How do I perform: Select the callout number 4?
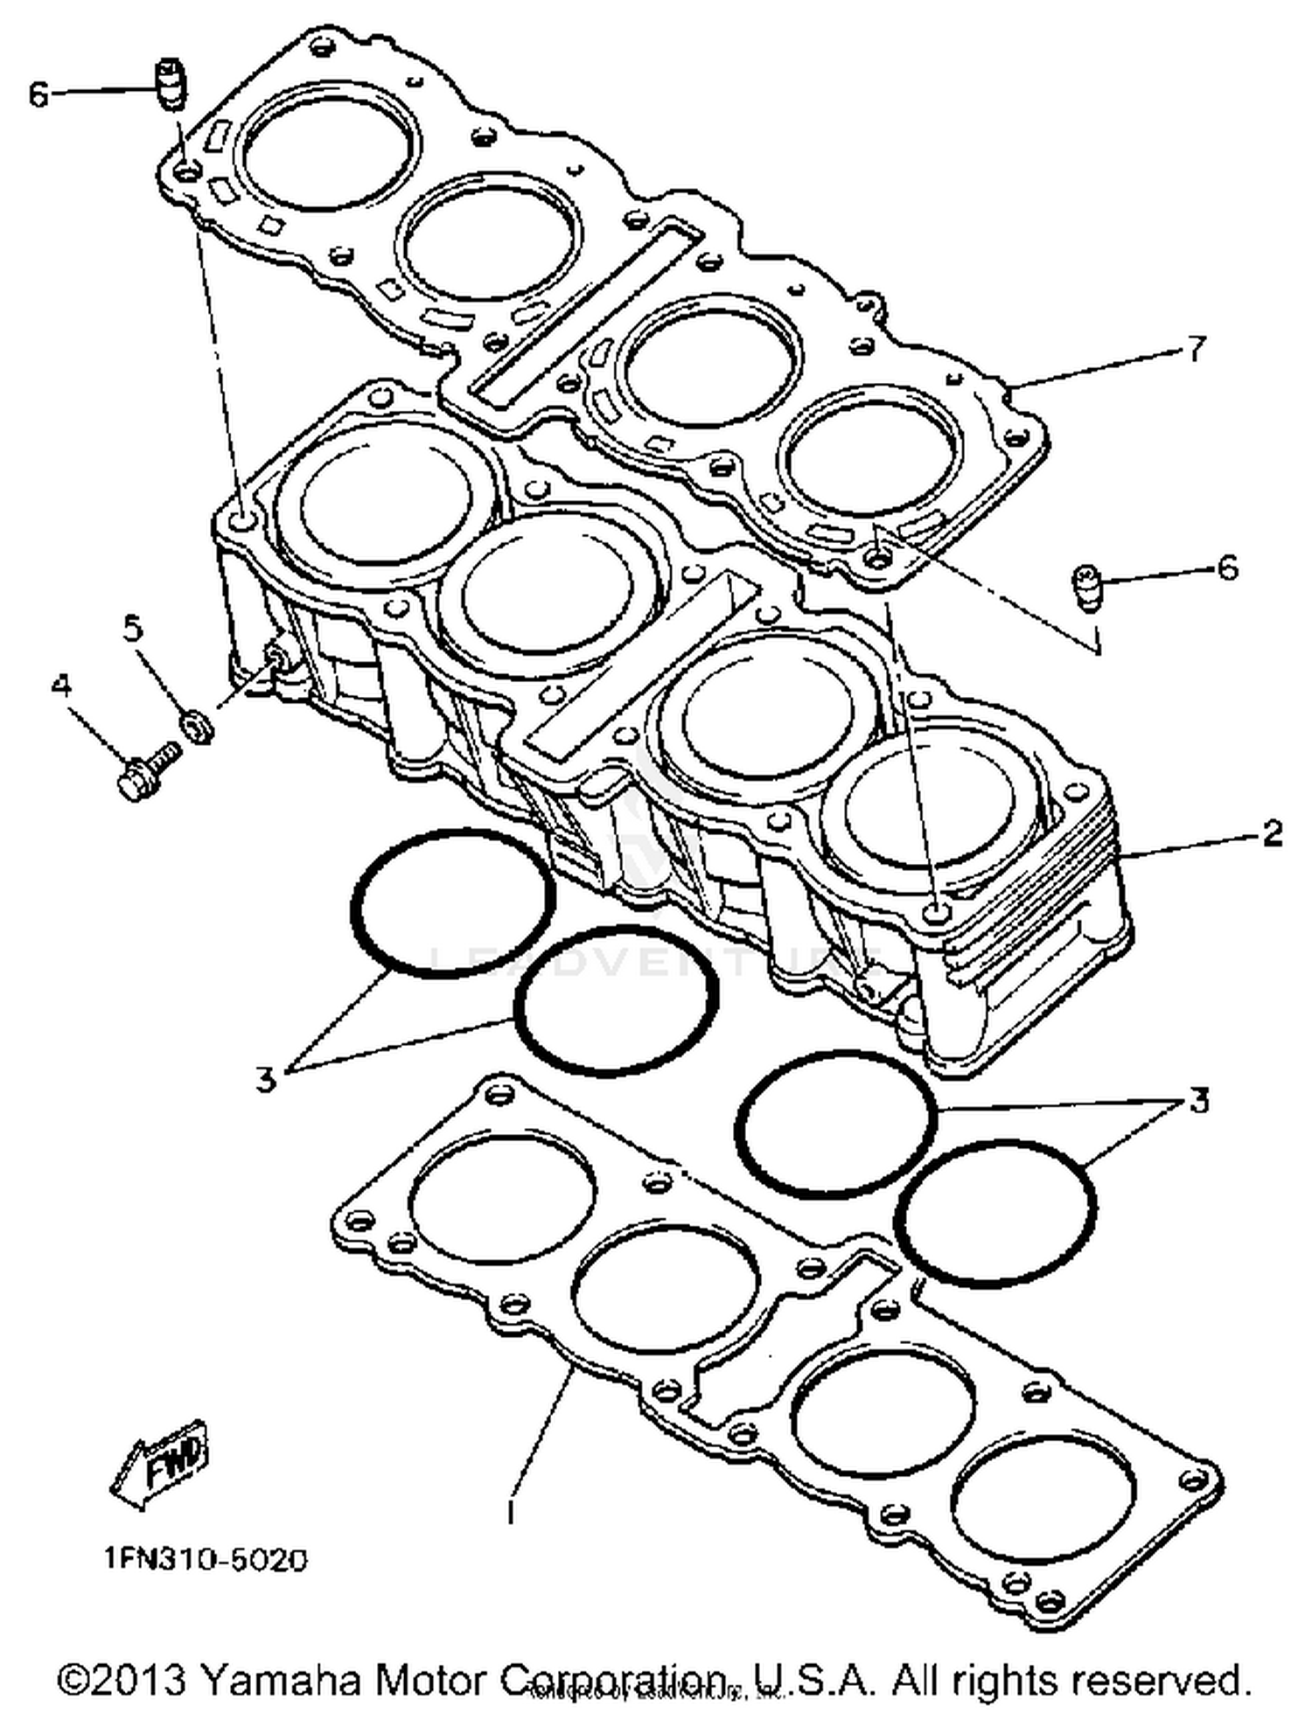point(60,686)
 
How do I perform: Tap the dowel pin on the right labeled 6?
point(1085,587)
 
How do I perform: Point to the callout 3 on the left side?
point(266,1078)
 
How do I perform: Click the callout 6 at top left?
point(38,94)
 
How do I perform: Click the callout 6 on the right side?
point(1228,568)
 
